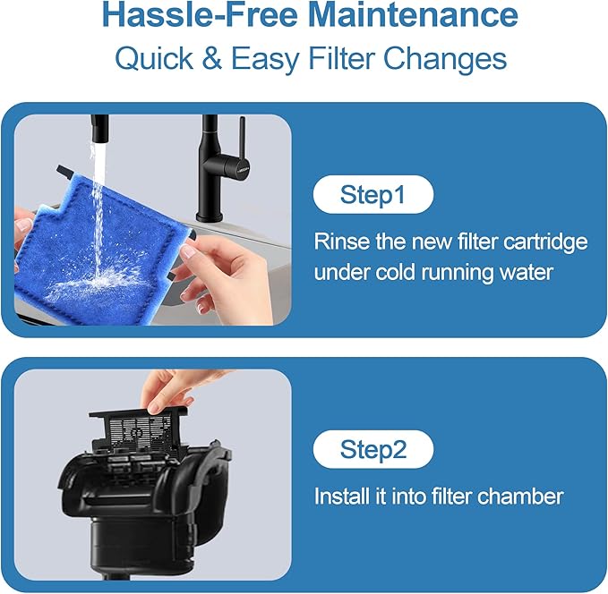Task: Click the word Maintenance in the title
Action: [x=414, y=14]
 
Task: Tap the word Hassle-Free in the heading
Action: [x=200, y=14]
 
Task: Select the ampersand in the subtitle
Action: [x=212, y=58]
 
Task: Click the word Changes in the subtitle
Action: [x=445, y=59]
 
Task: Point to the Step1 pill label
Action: [x=373, y=194]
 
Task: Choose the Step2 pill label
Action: [x=373, y=449]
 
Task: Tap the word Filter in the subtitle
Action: [x=340, y=58]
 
